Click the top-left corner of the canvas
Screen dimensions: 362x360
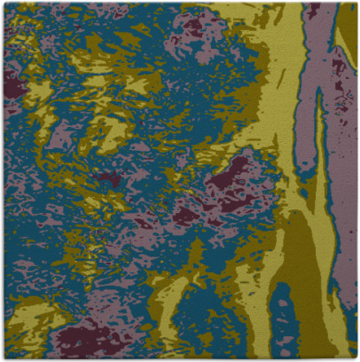[2, 2]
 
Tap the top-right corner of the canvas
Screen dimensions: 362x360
[357, 2]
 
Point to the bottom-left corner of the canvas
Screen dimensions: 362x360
[2, 359]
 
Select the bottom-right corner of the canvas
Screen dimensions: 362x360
[357, 359]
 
